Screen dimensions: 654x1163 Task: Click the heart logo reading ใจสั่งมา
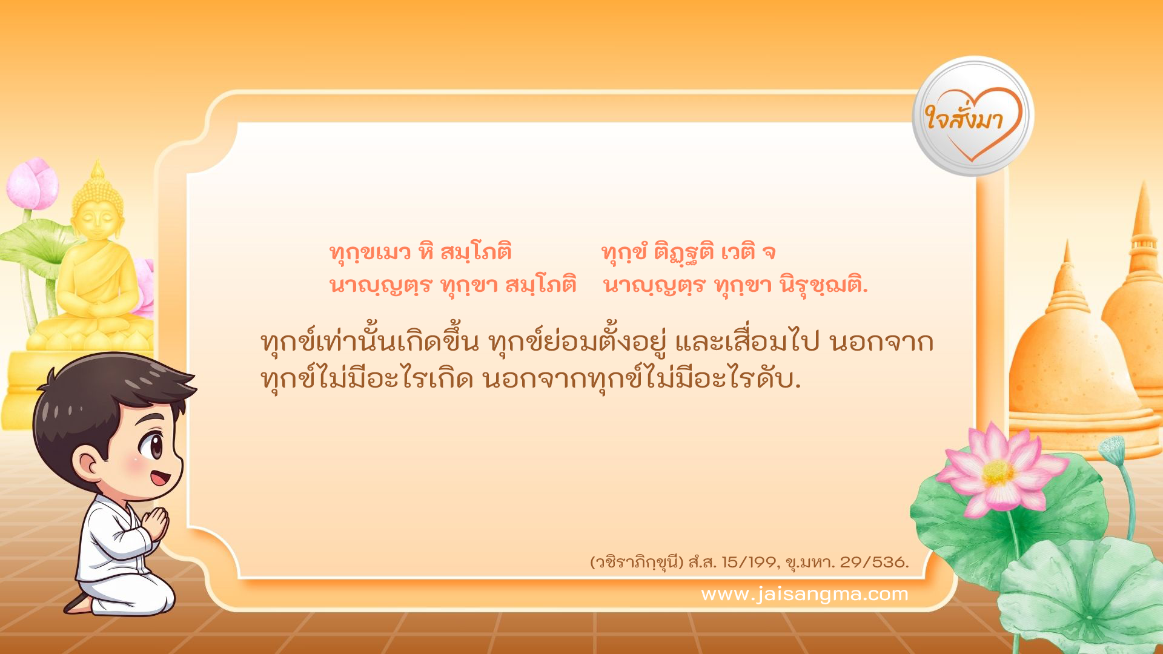(972, 117)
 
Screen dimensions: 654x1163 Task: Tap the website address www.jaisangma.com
(804, 594)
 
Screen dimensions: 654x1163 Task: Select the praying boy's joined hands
(157, 523)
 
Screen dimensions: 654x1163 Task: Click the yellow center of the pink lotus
(998, 472)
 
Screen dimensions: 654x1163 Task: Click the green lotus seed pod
(1112, 449)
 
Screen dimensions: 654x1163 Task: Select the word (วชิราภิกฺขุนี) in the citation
(637, 562)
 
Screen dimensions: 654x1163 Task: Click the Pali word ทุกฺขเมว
(370, 252)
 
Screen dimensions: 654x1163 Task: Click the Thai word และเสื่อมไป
(747, 343)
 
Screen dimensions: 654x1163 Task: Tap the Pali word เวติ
(738, 252)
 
